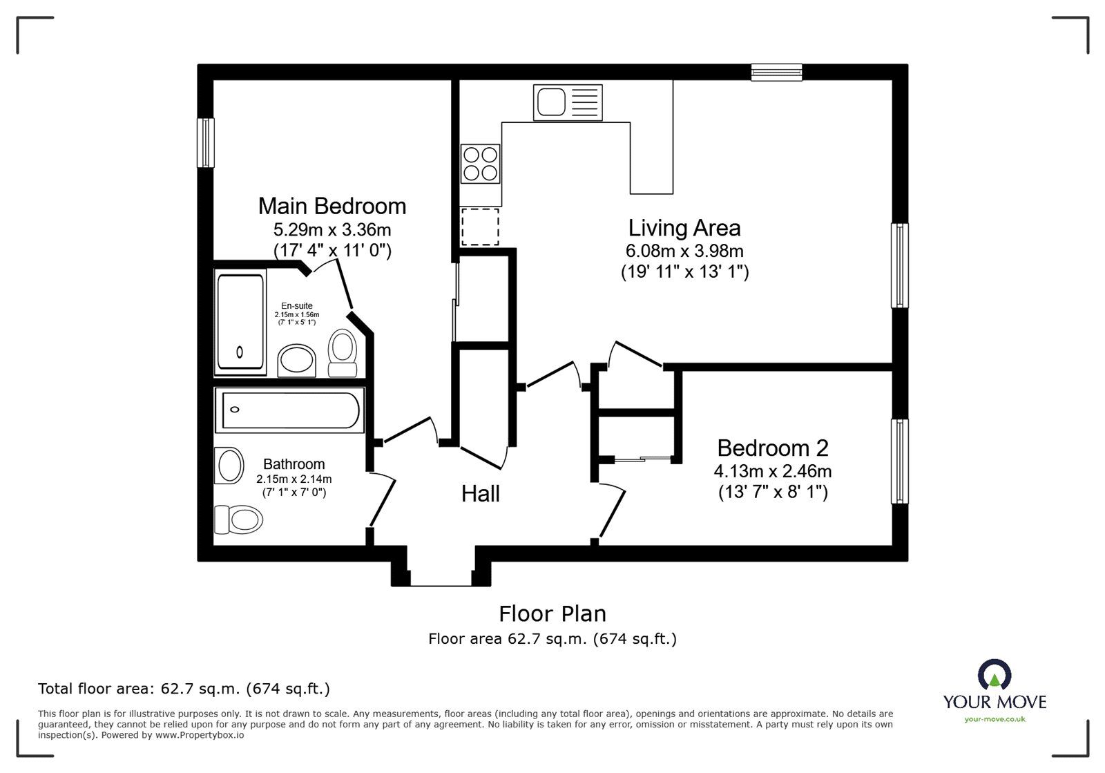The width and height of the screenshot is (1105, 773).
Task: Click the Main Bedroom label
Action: pos(331,206)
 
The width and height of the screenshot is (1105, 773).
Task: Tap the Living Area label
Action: pos(684,228)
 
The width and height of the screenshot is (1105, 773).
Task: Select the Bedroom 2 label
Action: pos(772,448)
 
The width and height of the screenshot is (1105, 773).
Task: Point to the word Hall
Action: pos(480,493)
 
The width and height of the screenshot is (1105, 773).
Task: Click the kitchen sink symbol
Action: pos(567,102)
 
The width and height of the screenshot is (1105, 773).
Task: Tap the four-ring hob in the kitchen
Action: pos(480,164)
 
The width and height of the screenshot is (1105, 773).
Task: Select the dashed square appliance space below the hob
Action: pos(480,227)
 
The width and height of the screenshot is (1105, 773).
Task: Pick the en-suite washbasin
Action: pos(297,361)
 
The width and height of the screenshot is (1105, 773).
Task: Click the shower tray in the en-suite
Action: pos(240,323)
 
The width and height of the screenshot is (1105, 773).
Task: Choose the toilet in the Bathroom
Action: pos(239,518)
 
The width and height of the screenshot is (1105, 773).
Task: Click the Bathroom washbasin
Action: pos(230,466)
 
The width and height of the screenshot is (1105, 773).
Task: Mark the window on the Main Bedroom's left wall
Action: pos(206,142)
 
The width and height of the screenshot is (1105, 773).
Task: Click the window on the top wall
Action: pos(776,72)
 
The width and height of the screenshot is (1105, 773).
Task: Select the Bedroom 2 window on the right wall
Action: pos(899,461)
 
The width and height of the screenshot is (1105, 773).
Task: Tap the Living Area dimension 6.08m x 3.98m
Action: pos(684,251)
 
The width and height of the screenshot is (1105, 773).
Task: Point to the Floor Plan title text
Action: pos(552,613)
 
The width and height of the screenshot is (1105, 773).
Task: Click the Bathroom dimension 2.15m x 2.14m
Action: pos(294,479)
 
